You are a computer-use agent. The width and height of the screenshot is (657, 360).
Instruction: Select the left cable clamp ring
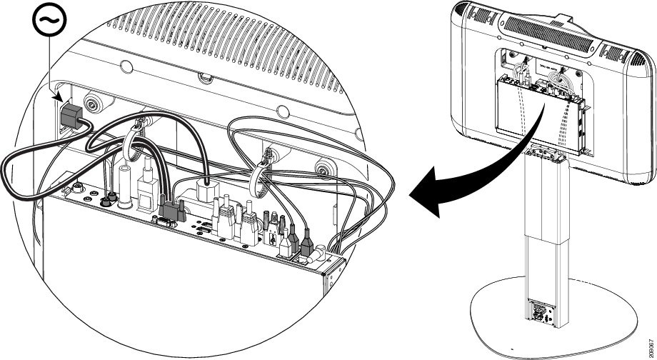tap(136, 139)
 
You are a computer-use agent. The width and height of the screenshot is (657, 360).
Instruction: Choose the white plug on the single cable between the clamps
tap(204, 189)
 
